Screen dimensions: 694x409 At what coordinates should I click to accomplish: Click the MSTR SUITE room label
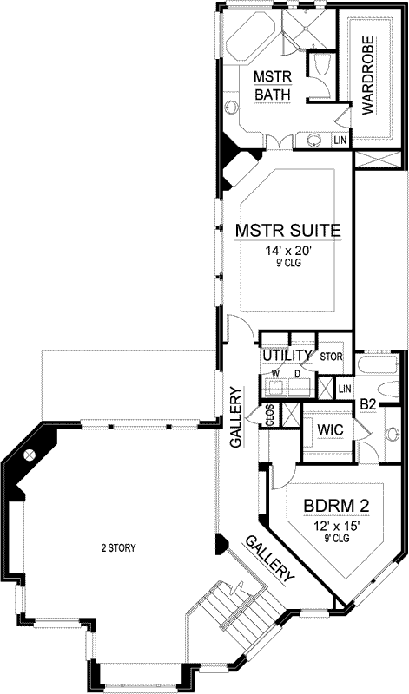point(287,231)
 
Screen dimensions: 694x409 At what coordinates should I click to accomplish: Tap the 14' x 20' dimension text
point(287,251)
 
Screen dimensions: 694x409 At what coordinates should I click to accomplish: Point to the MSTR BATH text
point(271,85)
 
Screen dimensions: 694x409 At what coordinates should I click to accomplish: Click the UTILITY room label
point(287,356)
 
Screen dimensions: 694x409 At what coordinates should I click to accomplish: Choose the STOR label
point(331,356)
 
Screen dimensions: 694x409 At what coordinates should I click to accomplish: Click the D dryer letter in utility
point(299,374)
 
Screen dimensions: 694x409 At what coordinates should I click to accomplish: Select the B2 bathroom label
point(367,403)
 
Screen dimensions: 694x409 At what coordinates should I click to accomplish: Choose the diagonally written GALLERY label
point(270,558)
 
